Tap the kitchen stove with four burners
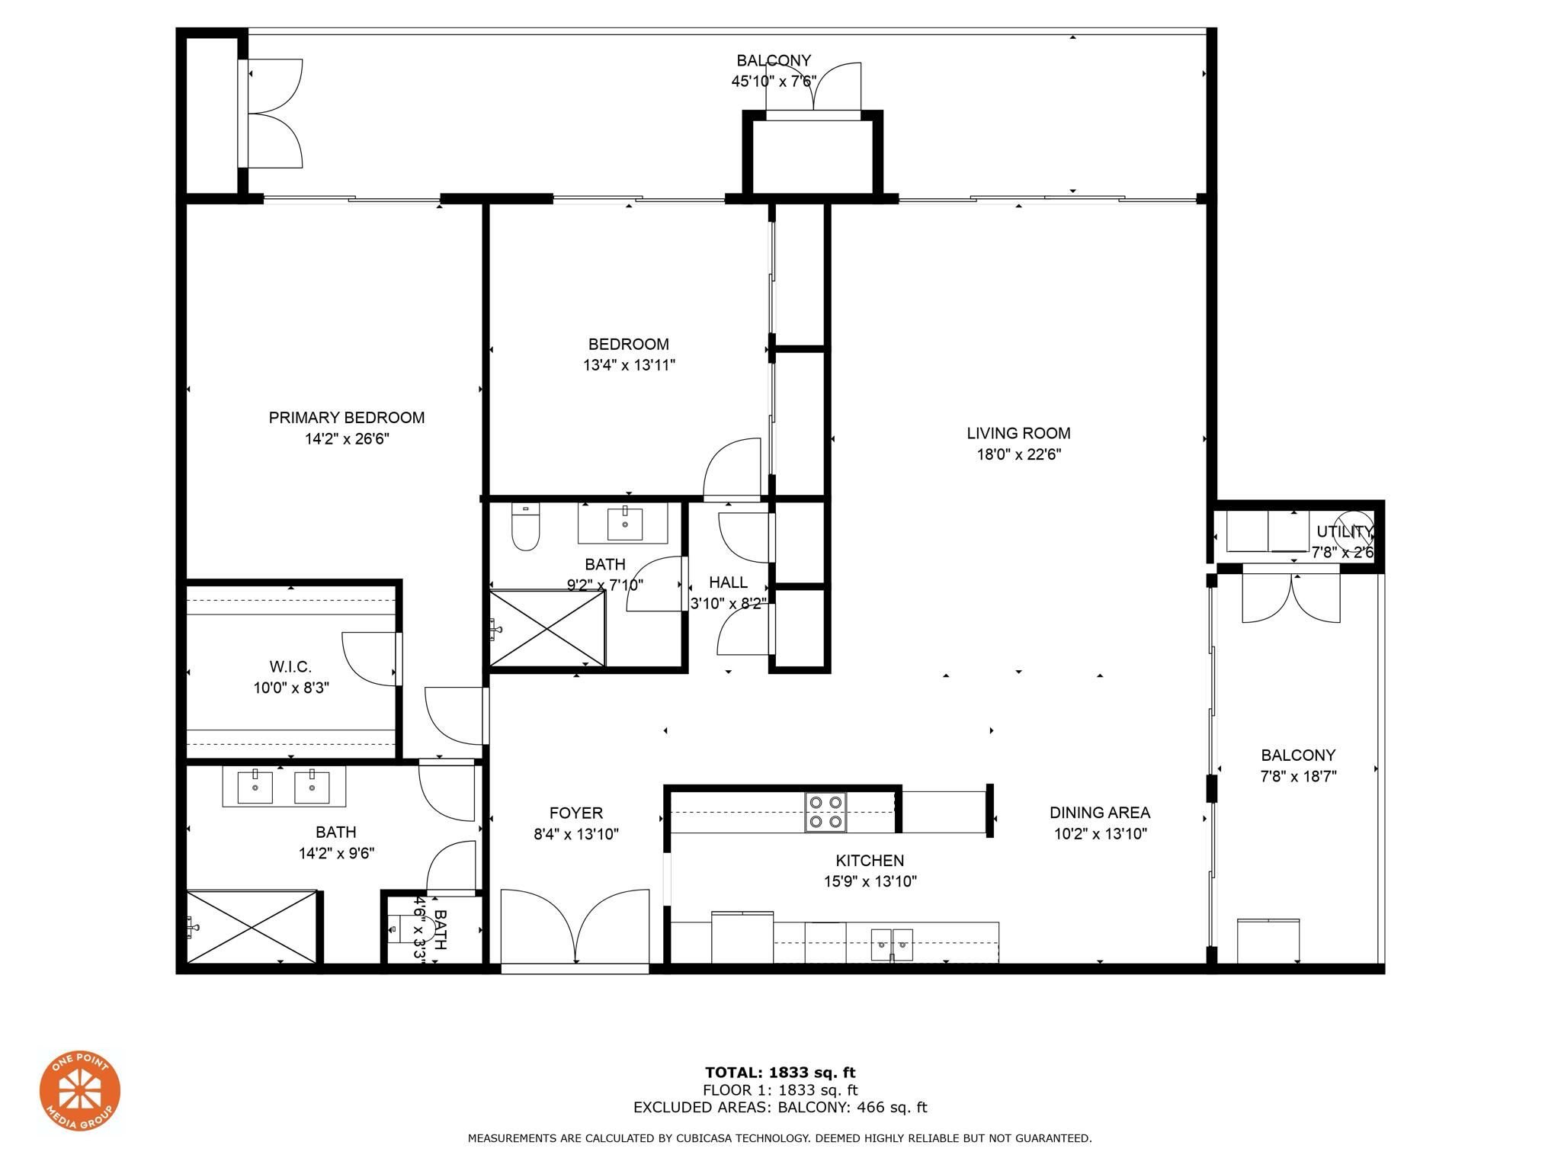click(x=825, y=813)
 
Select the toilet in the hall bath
click(x=525, y=527)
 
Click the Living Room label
click(x=1018, y=433)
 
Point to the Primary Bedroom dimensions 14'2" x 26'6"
click(x=347, y=439)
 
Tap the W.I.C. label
click(x=290, y=667)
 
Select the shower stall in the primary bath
click(x=252, y=927)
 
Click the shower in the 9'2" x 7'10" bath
click(x=547, y=628)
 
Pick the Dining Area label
click(x=1100, y=813)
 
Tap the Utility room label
click(x=1345, y=531)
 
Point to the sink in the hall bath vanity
click(x=625, y=524)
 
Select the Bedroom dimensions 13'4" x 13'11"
click(x=629, y=365)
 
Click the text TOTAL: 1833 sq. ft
click(x=780, y=1073)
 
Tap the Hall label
click(x=728, y=582)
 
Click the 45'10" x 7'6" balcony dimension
click(x=774, y=82)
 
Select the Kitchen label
click(x=870, y=861)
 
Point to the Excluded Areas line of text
click(x=780, y=1108)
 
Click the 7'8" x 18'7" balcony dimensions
click(x=1299, y=777)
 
